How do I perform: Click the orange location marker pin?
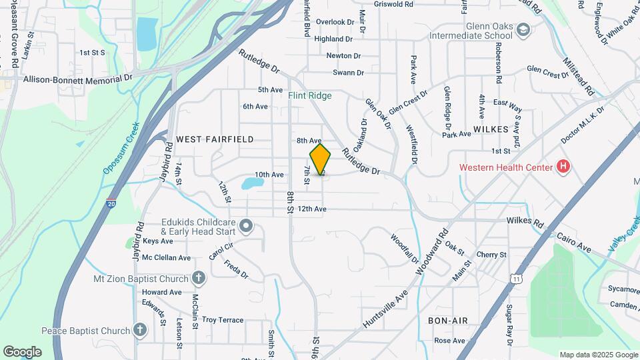click(320, 160)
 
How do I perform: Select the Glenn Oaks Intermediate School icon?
click(523, 29)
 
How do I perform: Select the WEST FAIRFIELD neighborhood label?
click(215, 139)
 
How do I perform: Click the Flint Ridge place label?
click(310, 96)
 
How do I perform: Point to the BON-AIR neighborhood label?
click(447, 321)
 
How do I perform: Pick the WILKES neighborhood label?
click(491, 128)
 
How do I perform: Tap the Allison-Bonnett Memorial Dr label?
click(78, 78)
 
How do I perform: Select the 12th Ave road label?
click(311, 209)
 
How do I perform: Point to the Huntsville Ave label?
click(385, 306)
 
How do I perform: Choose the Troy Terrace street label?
click(222, 320)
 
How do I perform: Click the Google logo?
click(22, 351)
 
